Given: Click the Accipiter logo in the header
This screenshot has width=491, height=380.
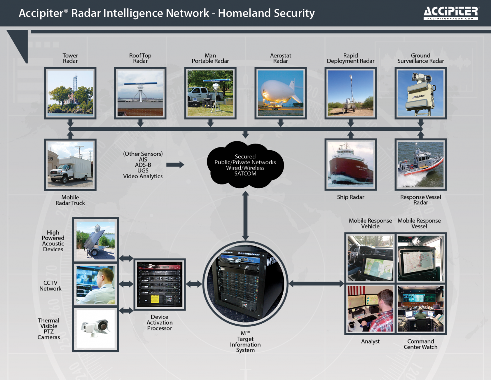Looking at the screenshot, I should [x=451, y=13].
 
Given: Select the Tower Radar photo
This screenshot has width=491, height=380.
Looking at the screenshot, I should [x=70, y=93].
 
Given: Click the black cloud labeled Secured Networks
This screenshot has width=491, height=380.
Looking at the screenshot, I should [x=245, y=165].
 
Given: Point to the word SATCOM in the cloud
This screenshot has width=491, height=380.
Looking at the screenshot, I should [x=245, y=173].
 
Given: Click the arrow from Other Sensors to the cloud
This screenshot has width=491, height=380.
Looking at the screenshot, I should [x=175, y=165].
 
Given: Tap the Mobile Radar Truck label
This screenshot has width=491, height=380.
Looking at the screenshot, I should [x=70, y=200].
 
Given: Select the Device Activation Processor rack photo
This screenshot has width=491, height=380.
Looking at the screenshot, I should [x=160, y=284].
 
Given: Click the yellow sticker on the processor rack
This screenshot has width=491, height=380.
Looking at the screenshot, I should [x=154, y=299].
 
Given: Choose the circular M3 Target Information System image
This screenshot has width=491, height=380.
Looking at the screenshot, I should [x=245, y=283].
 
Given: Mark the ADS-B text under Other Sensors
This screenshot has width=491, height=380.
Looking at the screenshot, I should [x=143, y=165].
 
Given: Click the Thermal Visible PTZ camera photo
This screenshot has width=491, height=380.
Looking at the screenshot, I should [x=96, y=329].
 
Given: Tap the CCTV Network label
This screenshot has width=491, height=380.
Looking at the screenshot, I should [x=50, y=286].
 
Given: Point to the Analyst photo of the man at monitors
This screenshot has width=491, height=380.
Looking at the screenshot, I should [x=370, y=309].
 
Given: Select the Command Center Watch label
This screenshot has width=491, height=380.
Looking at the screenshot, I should [x=420, y=344].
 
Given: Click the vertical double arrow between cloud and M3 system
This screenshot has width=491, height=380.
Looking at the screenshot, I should [x=245, y=216].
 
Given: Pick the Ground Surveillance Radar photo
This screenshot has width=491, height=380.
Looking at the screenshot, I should [x=421, y=93].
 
